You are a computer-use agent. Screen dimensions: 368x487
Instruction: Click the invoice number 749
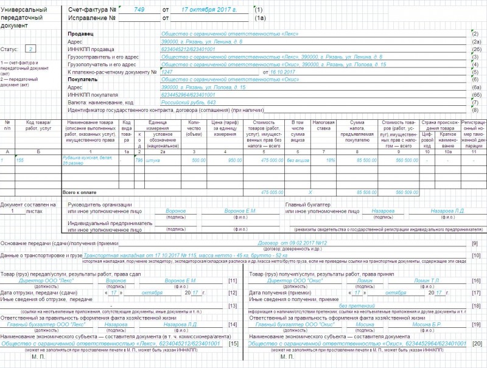pos(139,10)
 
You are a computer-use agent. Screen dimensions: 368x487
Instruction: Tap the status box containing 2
pos(32,48)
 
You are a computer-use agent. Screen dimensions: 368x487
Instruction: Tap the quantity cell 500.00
pos(198,160)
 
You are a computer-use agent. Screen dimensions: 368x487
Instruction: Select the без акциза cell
pos(298,160)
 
